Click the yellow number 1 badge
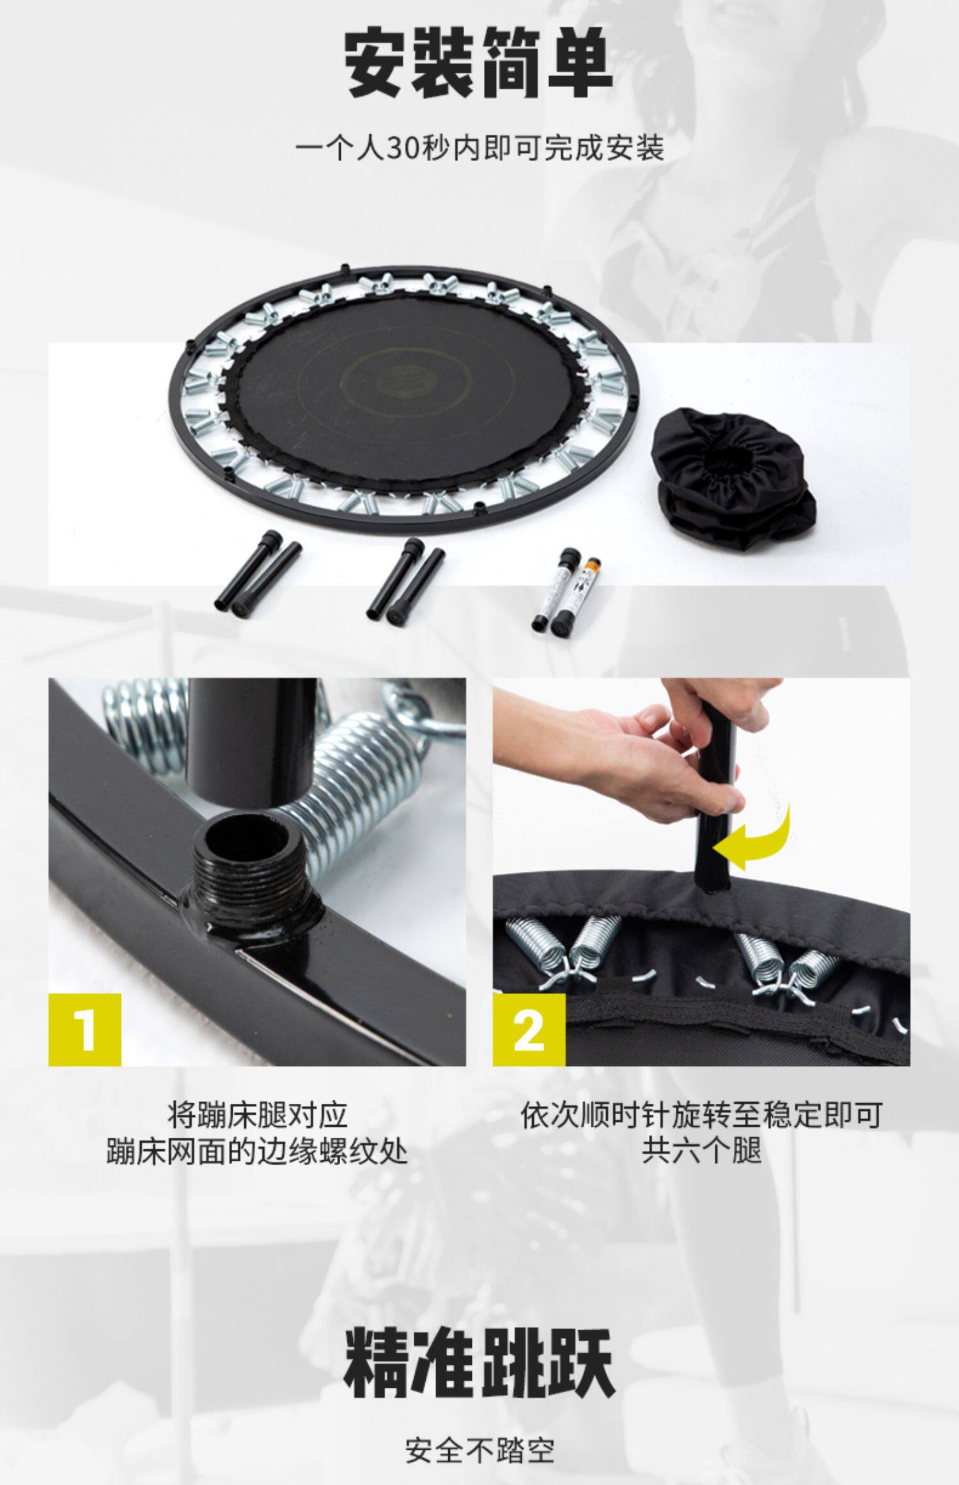tap(85, 1029)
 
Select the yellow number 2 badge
tap(529, 1029)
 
